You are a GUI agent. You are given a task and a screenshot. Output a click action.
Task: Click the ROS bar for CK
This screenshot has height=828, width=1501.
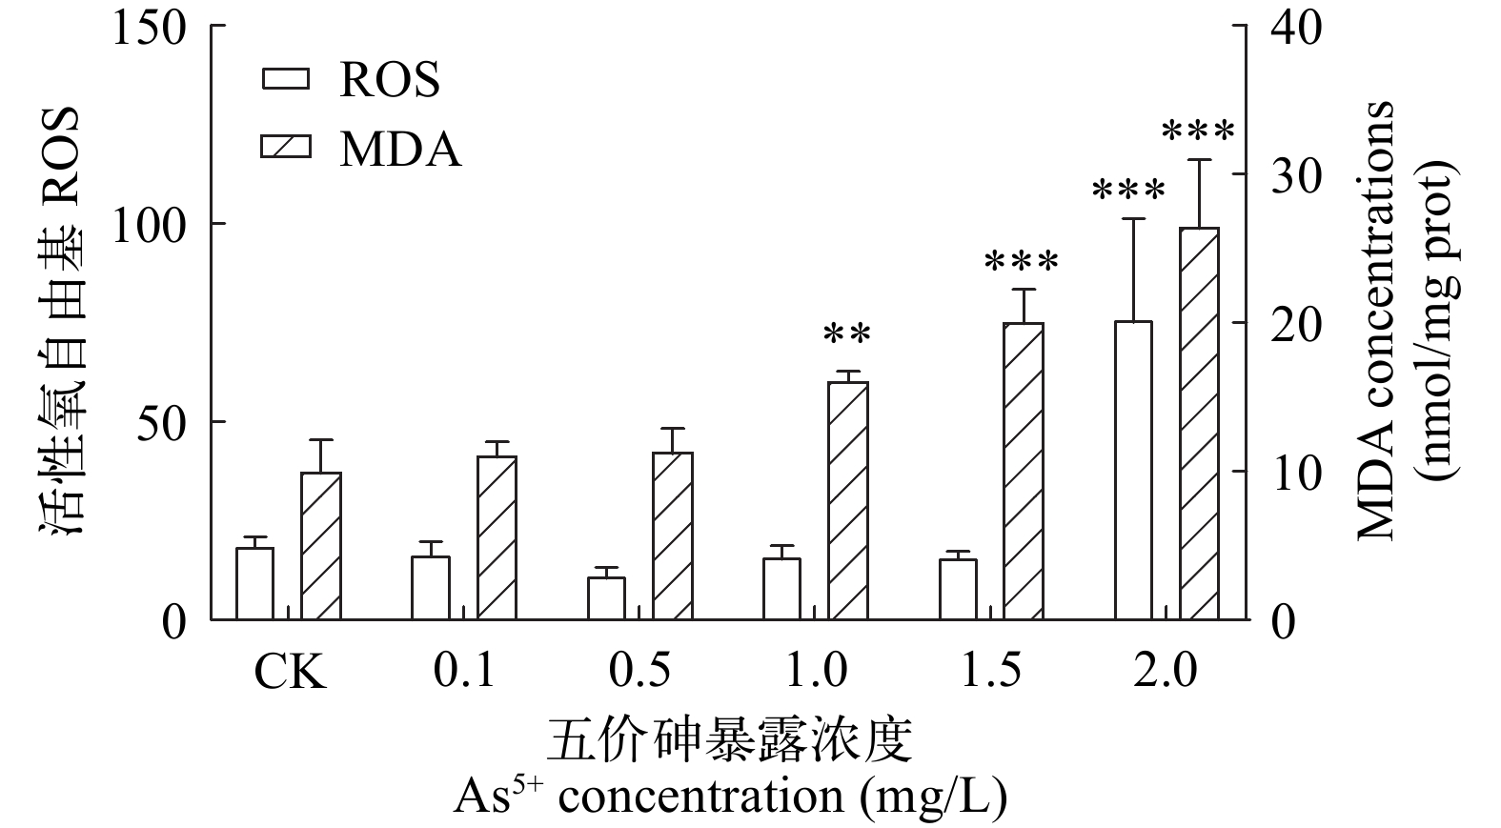click(254, 583)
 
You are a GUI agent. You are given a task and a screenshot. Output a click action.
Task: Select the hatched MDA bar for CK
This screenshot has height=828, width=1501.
click(321, 546)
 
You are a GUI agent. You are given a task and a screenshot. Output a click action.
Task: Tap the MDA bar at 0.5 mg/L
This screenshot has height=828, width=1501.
click(673, 535)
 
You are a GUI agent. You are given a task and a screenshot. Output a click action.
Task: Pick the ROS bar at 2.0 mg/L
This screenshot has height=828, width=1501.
click(1133, 471)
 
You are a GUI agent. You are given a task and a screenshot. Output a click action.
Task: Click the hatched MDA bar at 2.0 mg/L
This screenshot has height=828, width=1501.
click(1199, 424)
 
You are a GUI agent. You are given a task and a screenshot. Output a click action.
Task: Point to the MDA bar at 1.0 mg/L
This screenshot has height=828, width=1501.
click(848, 500)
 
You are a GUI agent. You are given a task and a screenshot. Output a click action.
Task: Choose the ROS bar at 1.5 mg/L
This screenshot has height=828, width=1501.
click(958, 589)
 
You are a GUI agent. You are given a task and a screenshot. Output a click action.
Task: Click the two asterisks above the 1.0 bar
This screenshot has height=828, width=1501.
click(847, 335)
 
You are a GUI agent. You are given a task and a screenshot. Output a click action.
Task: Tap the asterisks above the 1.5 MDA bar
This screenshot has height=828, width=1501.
click(1023, 262)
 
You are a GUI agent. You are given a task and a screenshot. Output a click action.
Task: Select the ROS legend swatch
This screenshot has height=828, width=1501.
click(286, 79)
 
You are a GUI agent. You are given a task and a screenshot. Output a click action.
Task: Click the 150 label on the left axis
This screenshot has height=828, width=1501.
click(149, 27)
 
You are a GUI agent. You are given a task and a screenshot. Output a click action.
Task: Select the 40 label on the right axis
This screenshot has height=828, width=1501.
click(1296, 27)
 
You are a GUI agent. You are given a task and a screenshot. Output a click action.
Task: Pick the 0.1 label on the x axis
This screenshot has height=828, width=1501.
click(465, 672)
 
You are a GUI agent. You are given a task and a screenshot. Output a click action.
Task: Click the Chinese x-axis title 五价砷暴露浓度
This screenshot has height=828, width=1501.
click(730, 741)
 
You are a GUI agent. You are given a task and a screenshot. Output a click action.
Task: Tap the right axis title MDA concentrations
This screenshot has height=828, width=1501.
click(1374, 321)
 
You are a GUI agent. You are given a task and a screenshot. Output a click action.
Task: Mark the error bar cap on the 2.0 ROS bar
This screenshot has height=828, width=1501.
click(1133, 219)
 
